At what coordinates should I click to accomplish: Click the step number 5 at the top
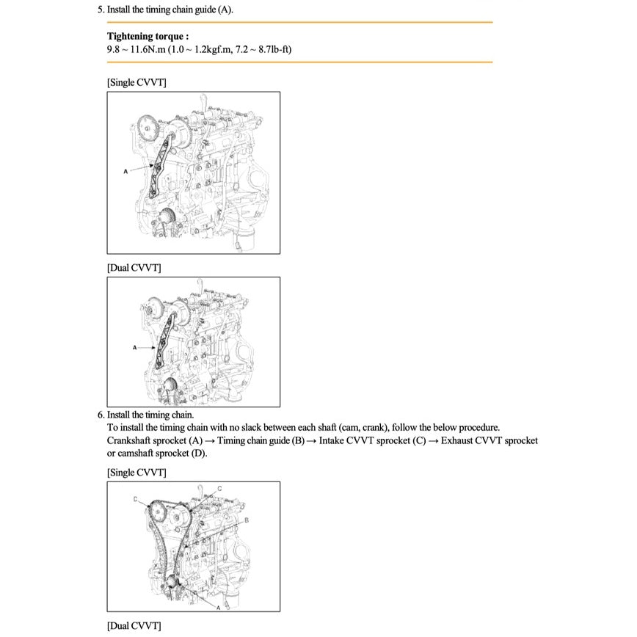point(101,10)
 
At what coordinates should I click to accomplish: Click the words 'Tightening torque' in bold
point(147,36)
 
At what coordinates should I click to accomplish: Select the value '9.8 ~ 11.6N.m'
point(136,49)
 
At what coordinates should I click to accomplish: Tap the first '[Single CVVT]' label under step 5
point(136,82)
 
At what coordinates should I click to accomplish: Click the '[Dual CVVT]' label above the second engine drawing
point(134,268)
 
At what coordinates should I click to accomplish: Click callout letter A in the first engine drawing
point(125,170)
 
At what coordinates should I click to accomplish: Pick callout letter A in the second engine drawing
point(134,346)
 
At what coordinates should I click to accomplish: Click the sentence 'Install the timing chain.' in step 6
point(150,415)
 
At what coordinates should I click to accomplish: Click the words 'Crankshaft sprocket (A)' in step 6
point(155,440)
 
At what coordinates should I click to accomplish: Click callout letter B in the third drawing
point(247,520)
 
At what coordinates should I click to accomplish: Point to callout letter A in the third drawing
point(218,607)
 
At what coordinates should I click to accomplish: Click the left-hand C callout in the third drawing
point(135,499)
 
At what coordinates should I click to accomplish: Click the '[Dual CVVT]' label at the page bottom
point(134,626)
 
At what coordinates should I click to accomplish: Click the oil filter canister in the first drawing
point(248,239)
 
